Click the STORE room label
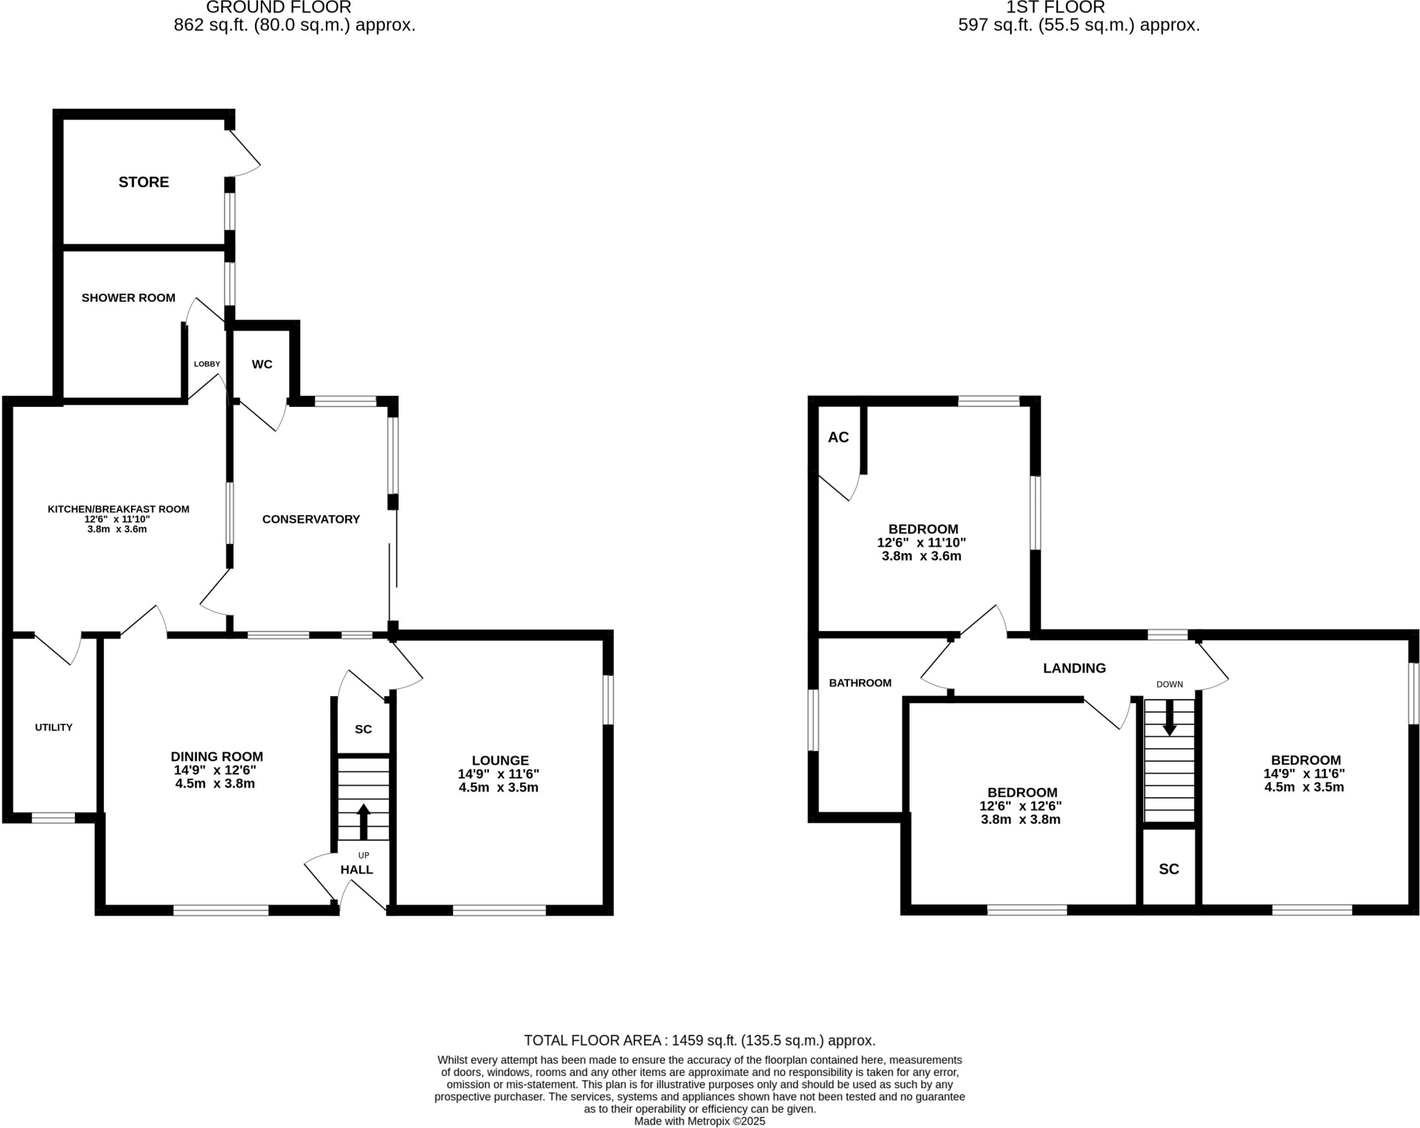point(144,182)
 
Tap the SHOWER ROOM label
point(128,298)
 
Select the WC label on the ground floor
point(262,365)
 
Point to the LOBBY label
point(207,364)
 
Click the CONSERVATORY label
point(311,519)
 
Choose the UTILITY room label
point(53,727)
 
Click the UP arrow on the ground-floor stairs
point(363,821)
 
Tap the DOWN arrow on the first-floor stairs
point(1169,718)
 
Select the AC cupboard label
point(838,437)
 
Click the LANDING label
point(1074,668)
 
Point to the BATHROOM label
point(860,683)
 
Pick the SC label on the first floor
point(1169,869)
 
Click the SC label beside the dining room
point(363,729)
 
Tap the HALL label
point(356,869)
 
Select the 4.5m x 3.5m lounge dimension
point(498,788)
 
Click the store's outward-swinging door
point(244,151)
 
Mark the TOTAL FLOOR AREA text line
point(700,1041)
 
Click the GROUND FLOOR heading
point(279,8)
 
